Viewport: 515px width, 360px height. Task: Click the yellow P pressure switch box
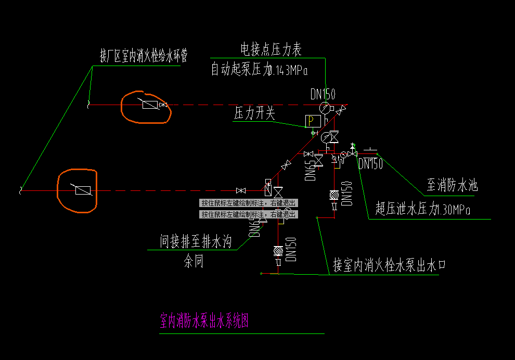click(x=313, y=121)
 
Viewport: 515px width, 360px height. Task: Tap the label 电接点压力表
click(x=271, y=49)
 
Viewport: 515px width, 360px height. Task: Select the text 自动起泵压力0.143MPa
click(x=259, y=70)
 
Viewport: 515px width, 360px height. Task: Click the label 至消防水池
click(x=452, y=185)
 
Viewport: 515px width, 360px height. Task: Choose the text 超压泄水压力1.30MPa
click(x=423, y=210)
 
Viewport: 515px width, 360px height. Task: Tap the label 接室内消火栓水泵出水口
click(x=390, y=266)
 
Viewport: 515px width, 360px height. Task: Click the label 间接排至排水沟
click(x=195, y=242)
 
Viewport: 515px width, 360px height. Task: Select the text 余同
click(x=194, y=262)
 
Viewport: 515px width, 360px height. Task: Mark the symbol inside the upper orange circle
click(x=150, y=105)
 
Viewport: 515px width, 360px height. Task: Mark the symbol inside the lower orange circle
click(x=83, y=190)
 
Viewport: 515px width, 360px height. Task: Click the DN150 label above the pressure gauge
click(x=323, y=94)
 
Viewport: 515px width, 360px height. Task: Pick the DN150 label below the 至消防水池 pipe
click(x=370, y=164)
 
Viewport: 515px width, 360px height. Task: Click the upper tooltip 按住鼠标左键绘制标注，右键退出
click(x=249, y=203)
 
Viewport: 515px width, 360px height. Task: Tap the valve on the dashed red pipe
click(x=240, y=190)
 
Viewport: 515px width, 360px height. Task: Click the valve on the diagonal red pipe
click(x=286, y=165)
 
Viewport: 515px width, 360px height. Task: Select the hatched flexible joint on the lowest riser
click(x=278, y=251)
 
